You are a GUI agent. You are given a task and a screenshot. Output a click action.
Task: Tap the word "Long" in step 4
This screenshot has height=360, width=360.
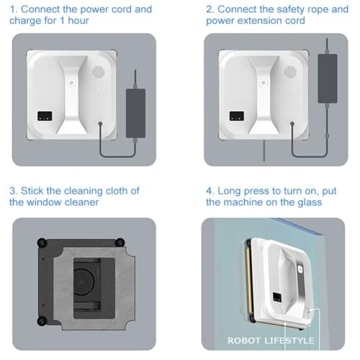(x=236, y=190)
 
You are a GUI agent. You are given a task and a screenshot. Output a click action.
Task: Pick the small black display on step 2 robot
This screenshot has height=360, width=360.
(x=234, y=115)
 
